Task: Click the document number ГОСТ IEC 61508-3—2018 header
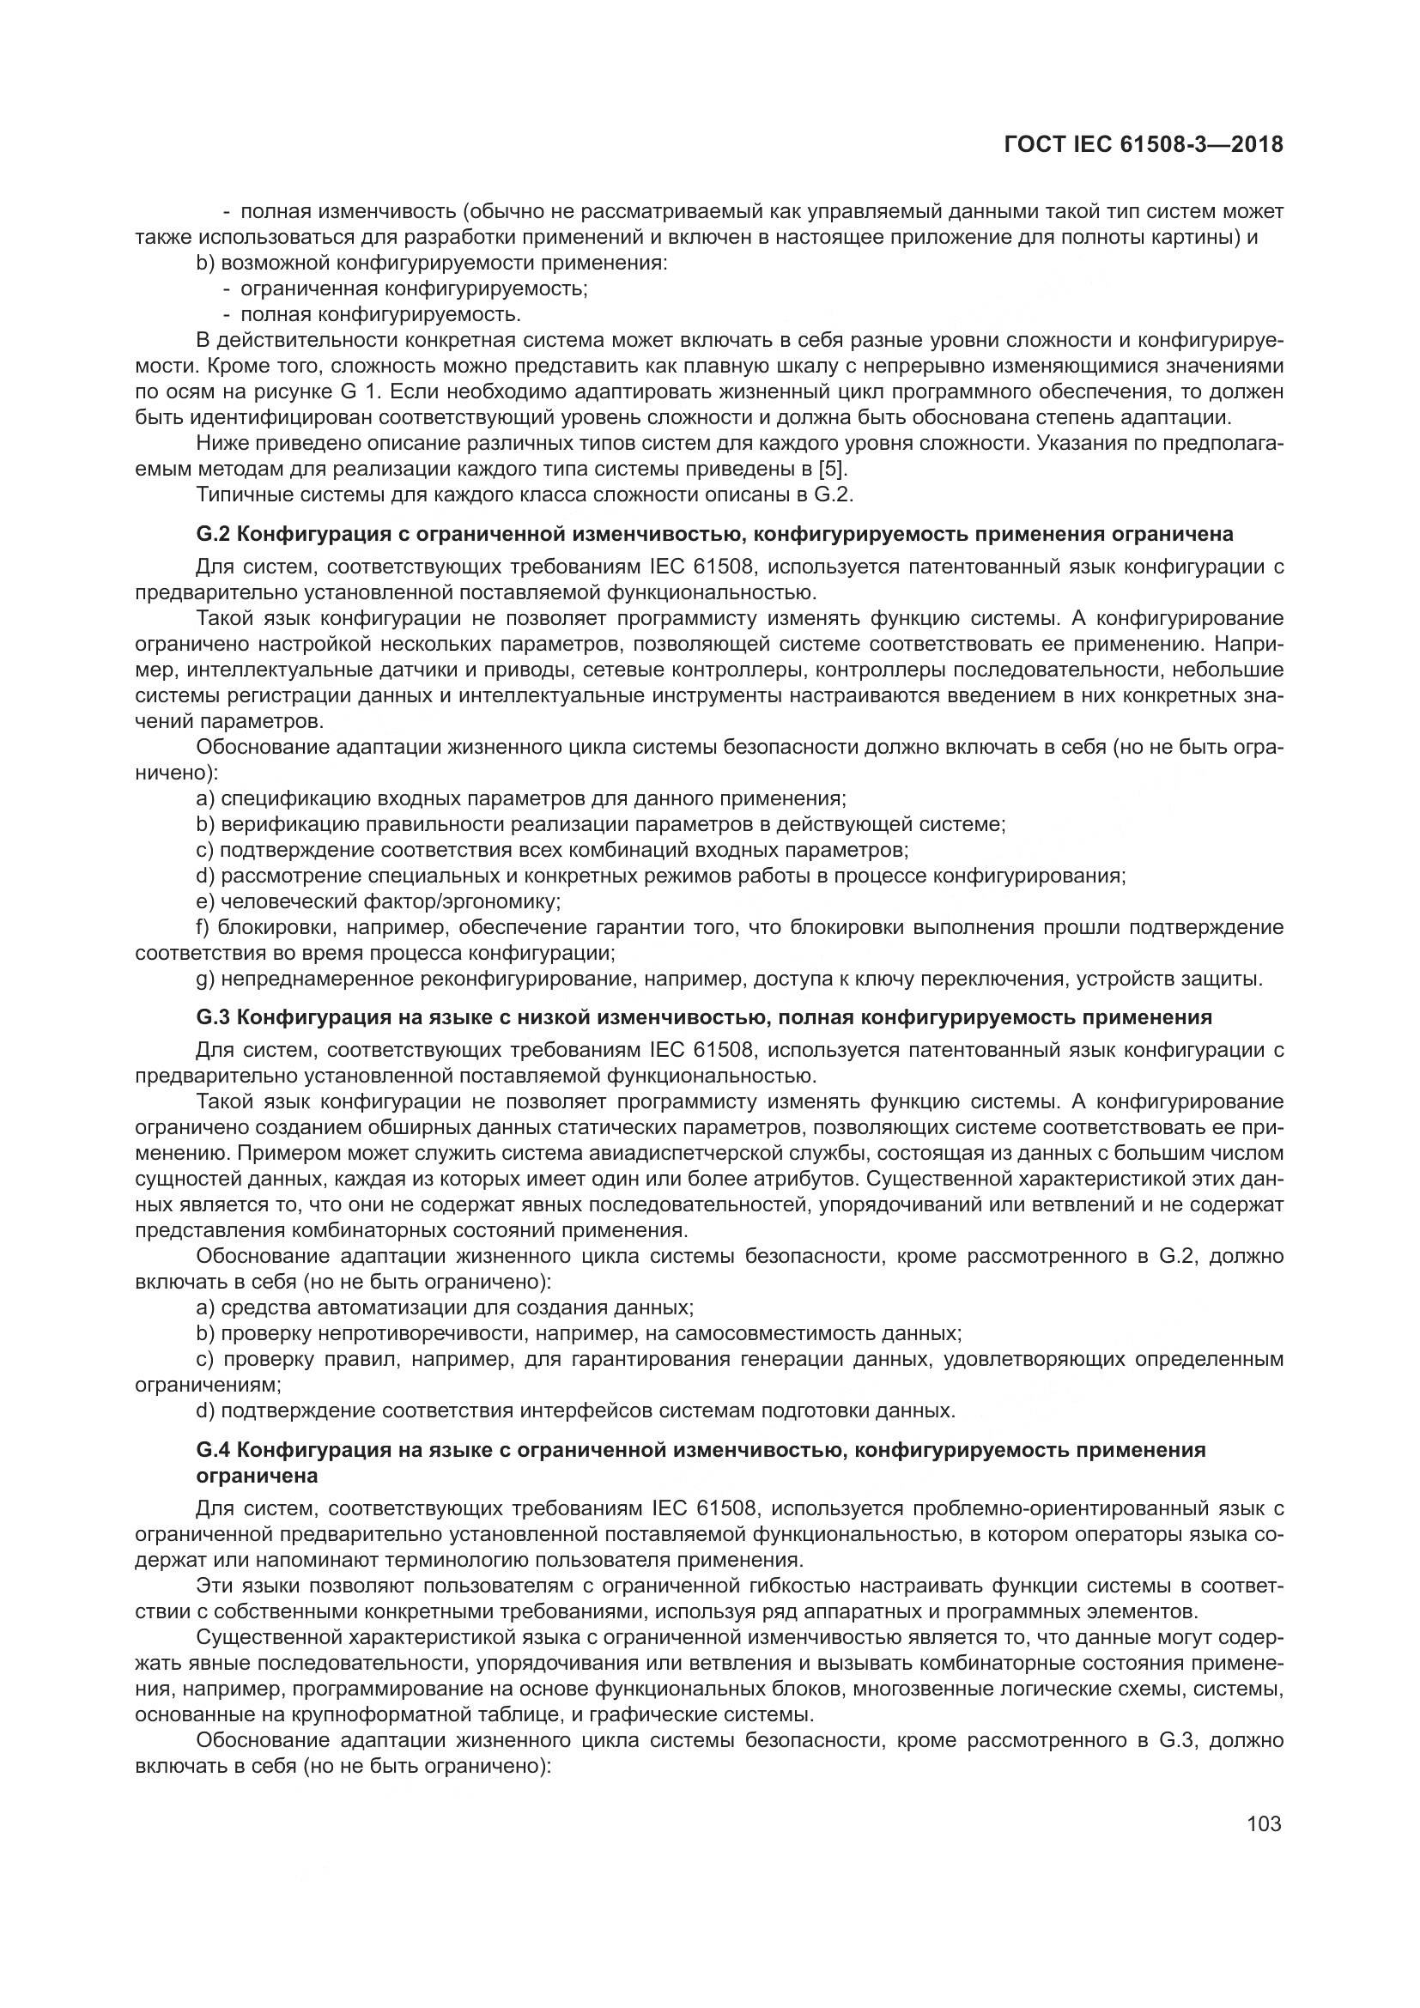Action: (1144, 144)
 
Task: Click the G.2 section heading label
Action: (215, 533)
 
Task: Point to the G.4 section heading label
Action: (215, 1449)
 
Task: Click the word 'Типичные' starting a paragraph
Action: (238, 494)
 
